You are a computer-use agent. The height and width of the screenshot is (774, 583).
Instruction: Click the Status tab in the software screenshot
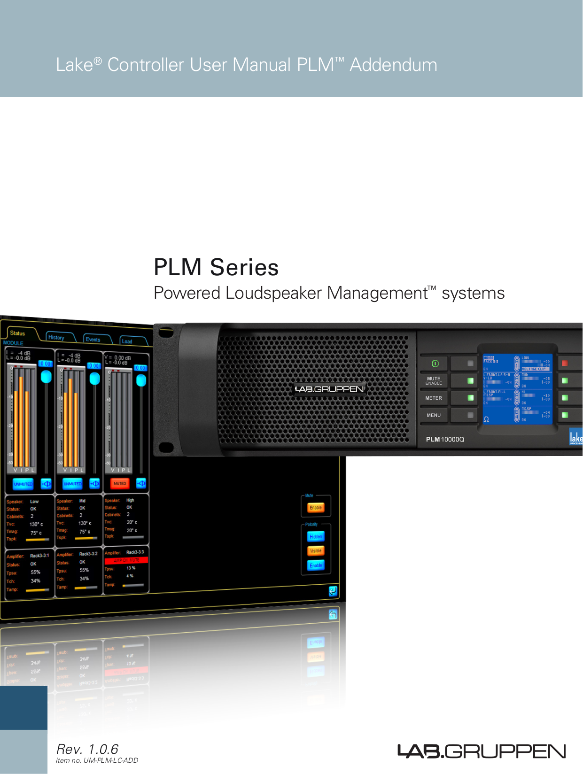[x=17, y=333]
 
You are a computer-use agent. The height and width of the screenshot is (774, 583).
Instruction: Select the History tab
[x=56, y=337]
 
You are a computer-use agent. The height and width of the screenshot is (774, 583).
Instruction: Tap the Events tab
[x=93, y=340]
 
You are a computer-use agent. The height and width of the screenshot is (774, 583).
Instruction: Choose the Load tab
[x=127, y=341]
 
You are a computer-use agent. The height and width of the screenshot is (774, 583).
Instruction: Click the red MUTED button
[x=120, y=483]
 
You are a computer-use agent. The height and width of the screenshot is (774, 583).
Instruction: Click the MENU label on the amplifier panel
[x=434, y=415]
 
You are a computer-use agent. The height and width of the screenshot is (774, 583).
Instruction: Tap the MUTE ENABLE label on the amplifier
[x=434, y=380]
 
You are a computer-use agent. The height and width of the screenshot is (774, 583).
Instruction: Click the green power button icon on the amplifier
[x=435, y=364]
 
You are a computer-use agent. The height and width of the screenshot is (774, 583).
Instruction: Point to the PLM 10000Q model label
[x=445, y=439]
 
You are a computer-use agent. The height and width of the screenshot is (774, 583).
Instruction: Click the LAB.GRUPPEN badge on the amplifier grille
[x=330, y=389]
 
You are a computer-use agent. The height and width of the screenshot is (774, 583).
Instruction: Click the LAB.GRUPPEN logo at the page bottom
[x=482, y=751]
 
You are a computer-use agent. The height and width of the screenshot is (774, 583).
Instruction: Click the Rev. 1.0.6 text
[x=87, y=749]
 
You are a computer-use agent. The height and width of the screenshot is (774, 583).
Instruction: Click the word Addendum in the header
[x=393, y=65]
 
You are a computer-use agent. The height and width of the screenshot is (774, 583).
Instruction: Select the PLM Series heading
[x=216, y=267]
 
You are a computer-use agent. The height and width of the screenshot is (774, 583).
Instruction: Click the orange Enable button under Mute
[x=316, y=508]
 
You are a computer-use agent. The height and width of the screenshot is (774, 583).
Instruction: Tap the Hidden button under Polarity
[x=316, y=536]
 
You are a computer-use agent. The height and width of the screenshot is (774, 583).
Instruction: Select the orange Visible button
[x=316, y=551]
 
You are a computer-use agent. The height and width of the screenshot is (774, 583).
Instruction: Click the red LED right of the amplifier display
[x=565, y=363]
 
